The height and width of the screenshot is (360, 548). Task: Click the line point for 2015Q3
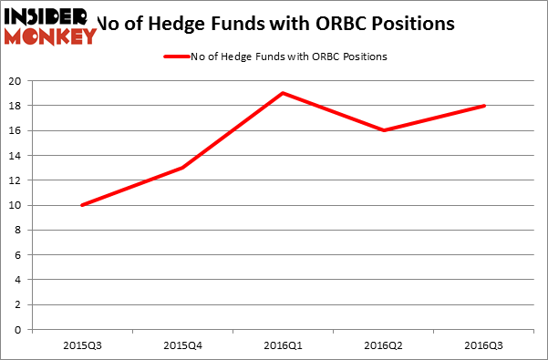pyautogui.click(x=82, y=205)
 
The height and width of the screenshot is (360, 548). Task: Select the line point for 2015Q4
pyautogui.click(x=183, y=168)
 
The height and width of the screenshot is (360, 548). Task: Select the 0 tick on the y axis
pyautogui.click(x=19, y=330)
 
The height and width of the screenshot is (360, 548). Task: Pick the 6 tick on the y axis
pyautogui.click(x=19, y=255)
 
